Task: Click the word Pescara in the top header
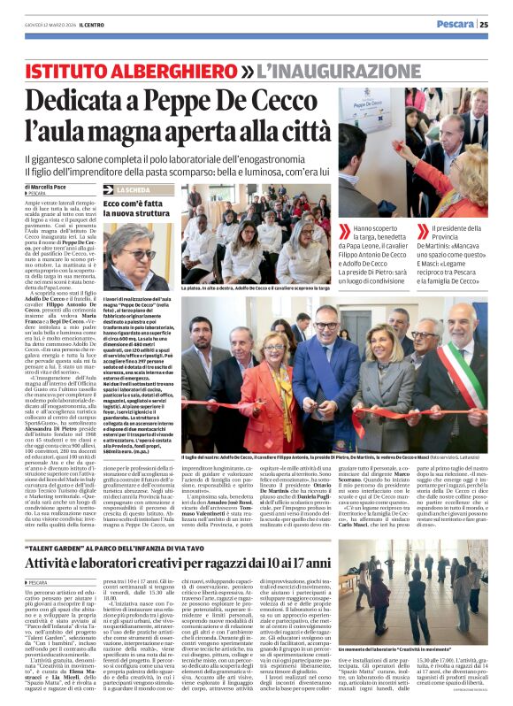(x=456, y=24)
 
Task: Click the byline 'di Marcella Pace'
(x=53, y=188)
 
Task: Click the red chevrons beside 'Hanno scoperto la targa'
(x=347, y=232)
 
